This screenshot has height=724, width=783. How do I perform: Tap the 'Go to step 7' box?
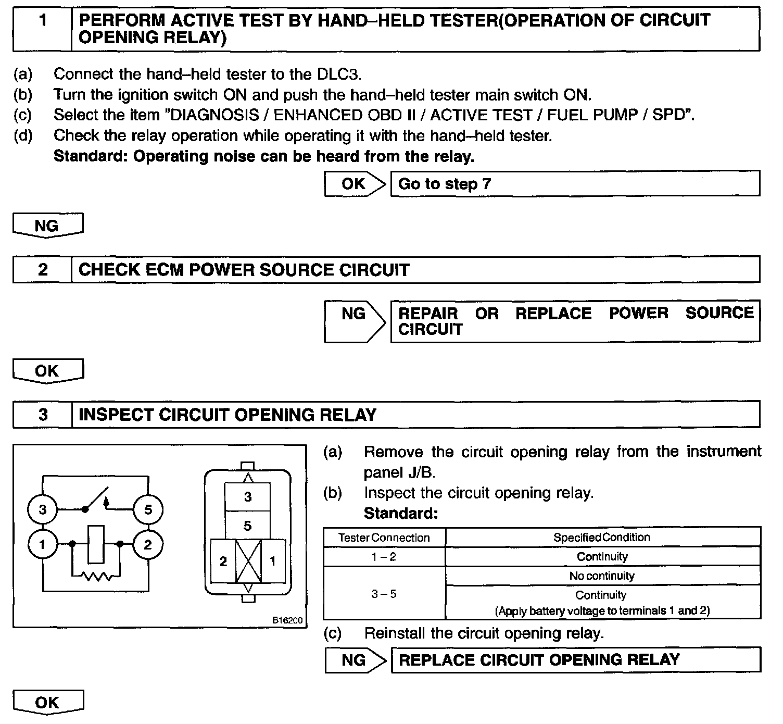(x=575, y=184)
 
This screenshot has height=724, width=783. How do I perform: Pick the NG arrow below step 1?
(x=47, y=226)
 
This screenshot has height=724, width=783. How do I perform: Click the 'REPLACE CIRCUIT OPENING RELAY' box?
(x=575, y=660)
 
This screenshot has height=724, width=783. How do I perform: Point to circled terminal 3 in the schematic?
(x=43, y=509)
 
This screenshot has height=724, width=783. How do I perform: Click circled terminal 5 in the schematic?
(x=148, y=509)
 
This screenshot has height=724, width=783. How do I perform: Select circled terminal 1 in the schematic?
(x=43, y=545)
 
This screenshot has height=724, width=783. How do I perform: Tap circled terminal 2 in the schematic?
(x=148, y=545)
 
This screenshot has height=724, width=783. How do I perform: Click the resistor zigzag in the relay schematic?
(x=96, y=577)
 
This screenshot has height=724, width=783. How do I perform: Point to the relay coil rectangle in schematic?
(x=96, y=544)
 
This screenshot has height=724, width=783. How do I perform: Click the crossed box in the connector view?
(x=248, y=561)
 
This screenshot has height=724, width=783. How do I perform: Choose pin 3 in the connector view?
(x=248, y=496)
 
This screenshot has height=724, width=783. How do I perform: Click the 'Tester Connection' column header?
(x=384, y=538)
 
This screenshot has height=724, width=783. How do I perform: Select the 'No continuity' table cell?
(x=602, y=576)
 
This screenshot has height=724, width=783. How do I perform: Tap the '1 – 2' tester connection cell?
(x=384, y=557)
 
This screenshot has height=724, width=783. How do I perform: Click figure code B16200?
(x=287, y=620)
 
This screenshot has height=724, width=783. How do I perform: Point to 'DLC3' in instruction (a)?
(x=338, y=74)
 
